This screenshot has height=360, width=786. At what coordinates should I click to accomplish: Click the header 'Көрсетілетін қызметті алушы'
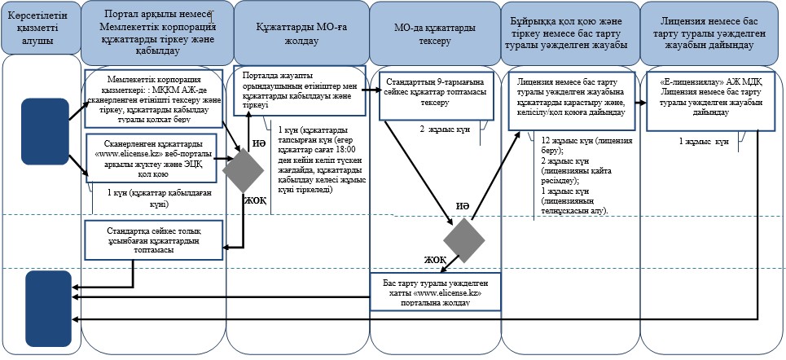[41, 29]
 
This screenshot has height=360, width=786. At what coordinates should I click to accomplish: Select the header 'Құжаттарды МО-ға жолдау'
[301, 33]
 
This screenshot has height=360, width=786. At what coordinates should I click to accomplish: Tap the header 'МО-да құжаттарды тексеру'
[434, 33]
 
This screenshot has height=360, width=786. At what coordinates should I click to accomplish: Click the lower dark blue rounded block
[48, 308]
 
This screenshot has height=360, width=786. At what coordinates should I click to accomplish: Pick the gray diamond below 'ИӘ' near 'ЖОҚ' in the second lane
[243, 170]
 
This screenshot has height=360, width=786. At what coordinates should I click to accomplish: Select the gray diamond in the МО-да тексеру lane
[463, 240]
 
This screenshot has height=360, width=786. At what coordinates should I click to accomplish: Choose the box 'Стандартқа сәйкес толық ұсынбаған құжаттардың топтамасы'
[153, 240]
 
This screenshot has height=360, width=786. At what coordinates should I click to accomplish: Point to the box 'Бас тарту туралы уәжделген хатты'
[435, 292]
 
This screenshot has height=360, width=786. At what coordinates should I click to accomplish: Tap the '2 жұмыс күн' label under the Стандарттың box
[445, 130]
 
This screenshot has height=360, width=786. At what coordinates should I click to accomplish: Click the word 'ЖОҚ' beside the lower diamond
[435, 260]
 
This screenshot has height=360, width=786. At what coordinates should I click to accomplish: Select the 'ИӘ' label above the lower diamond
[463, 206]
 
